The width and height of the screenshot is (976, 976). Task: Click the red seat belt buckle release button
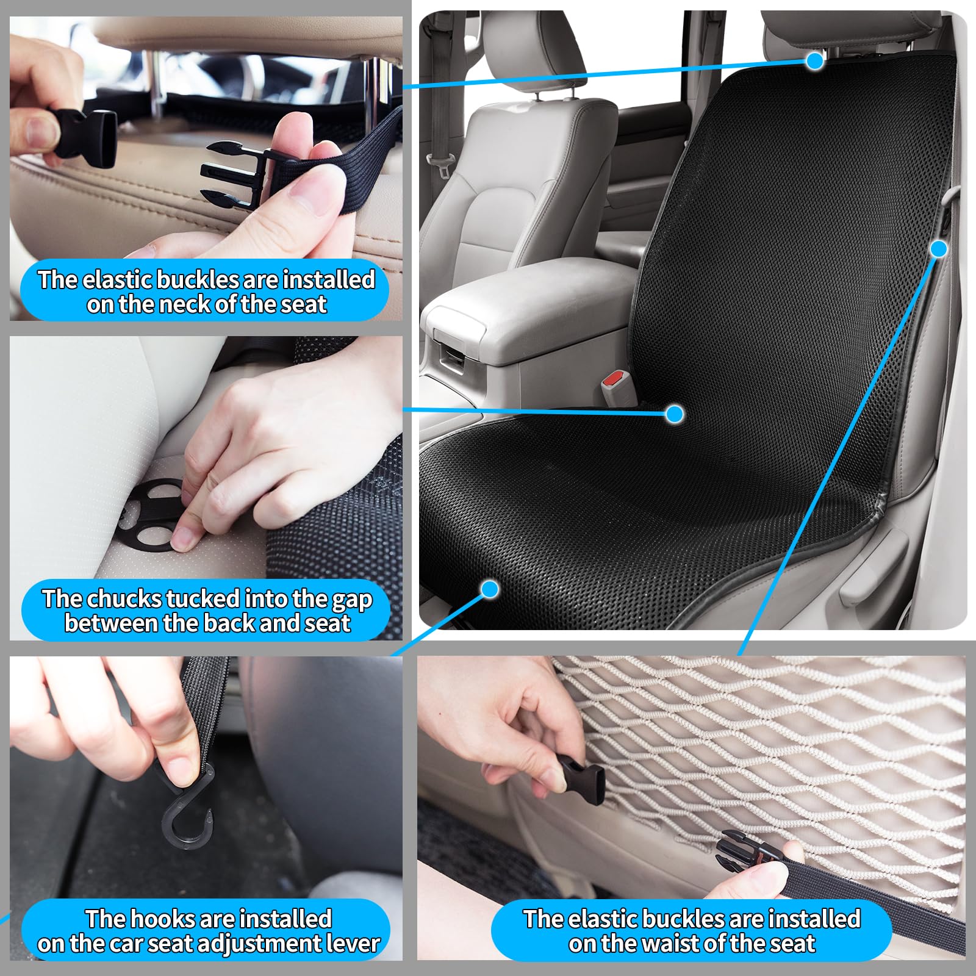(612, 380)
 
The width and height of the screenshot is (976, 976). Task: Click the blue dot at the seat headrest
(814, 61)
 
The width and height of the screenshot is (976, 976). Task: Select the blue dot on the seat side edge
(939, 249)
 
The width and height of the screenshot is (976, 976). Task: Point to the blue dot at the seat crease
(674, 414)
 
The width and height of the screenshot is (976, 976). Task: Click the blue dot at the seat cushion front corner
(490, 589)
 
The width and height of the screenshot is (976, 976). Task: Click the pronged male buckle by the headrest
(235, 174)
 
